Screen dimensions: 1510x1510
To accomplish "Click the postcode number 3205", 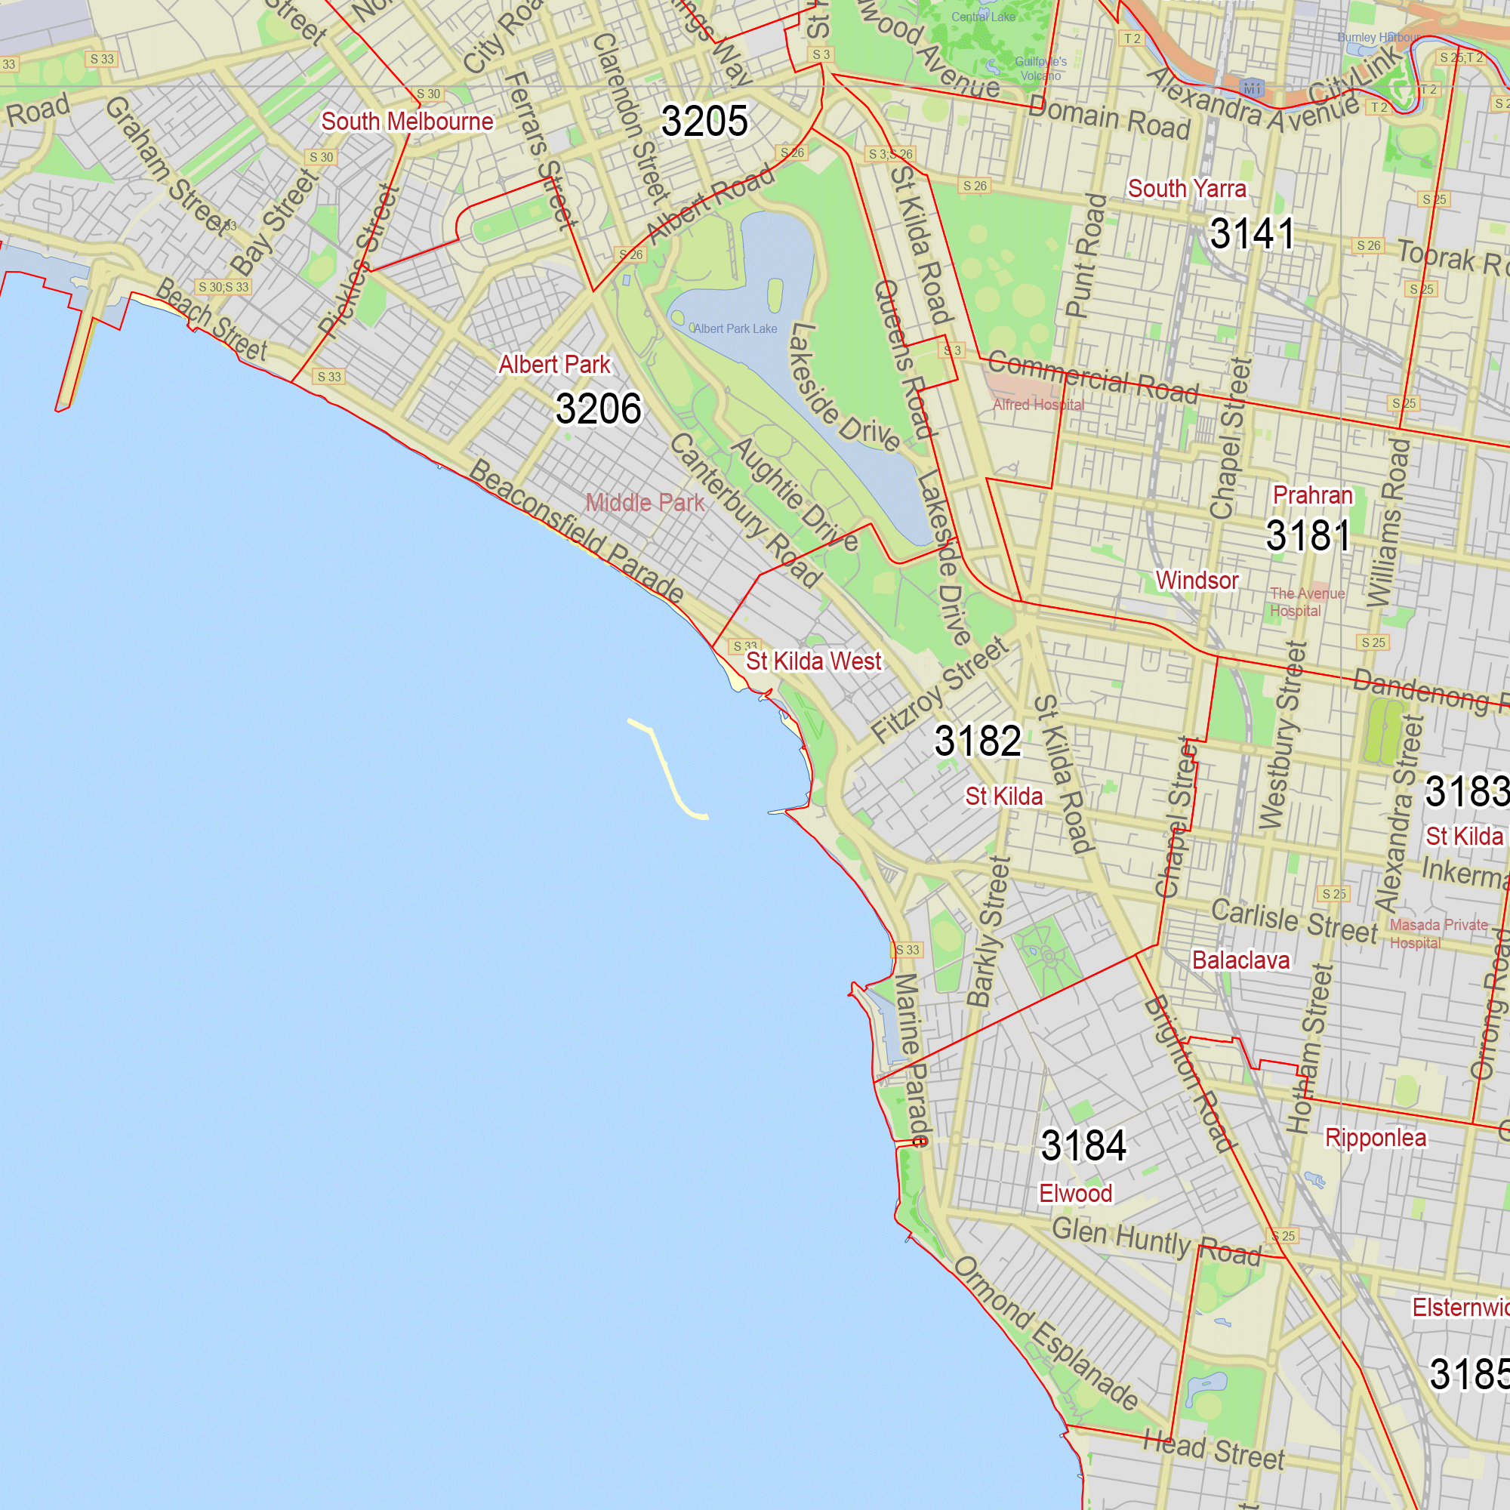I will tap(704, 121).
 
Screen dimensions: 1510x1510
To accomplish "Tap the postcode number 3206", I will tap(598, 408).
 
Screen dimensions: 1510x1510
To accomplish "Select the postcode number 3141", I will tap(1251, 234).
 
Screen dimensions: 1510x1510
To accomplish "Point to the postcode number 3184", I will tap(1083, 1146).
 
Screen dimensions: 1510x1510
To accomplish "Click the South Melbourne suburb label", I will tap(407, 122).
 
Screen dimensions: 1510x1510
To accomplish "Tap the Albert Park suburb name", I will tap(554, 365).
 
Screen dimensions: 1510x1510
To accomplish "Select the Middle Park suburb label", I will tap(645, 503).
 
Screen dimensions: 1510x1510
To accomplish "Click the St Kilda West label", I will tap(813, 661).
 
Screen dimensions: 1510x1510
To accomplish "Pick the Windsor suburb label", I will tap(1197, 580).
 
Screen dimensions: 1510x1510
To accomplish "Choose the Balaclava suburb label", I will tap(1240, 960).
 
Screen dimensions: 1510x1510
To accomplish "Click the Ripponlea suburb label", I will tap(1375, 1138).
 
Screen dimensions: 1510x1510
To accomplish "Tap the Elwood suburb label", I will tap(1075, 1194).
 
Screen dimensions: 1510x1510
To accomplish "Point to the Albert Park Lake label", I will tap(735, 329).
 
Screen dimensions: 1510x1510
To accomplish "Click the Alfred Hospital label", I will tap(1038, 405).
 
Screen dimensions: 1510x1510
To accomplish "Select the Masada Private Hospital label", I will tap(1438, 933).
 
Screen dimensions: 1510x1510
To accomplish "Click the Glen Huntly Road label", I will tap(1157, 1241).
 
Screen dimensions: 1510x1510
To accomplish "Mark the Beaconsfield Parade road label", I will tap(576, 531).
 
